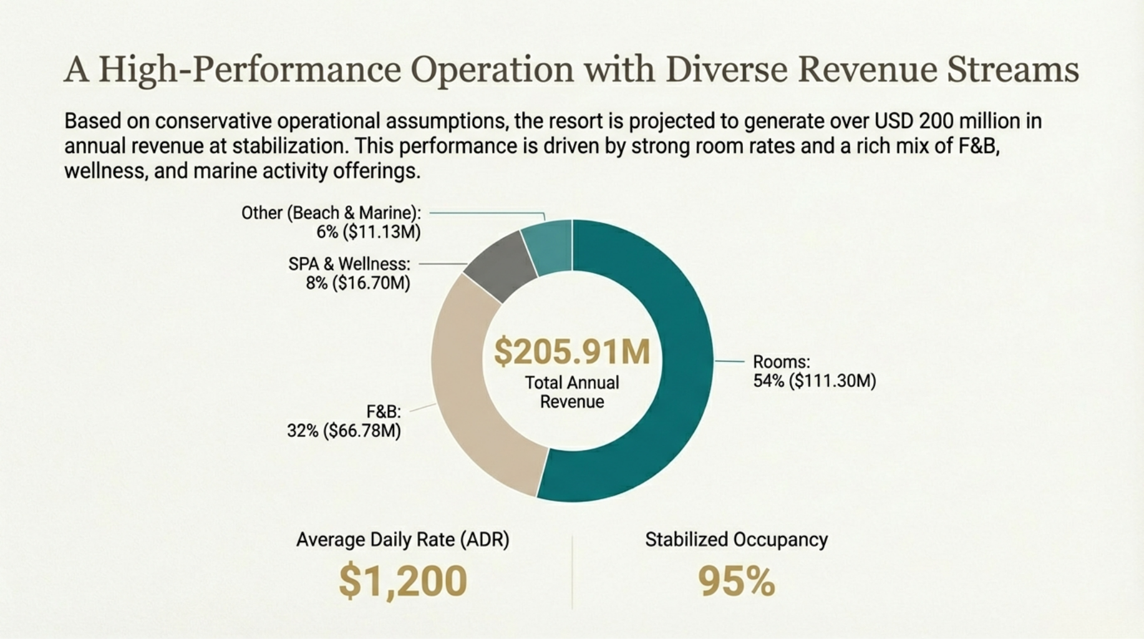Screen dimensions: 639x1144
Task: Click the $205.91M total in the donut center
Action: point(571,351)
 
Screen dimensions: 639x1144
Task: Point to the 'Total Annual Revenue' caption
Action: point(571,392)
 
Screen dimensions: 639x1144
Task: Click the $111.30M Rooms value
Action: point(832,381)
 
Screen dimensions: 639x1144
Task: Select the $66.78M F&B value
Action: point(362,431)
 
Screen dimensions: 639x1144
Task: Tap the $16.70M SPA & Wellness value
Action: point(371,283)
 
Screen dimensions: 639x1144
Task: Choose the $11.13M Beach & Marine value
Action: point(384,232)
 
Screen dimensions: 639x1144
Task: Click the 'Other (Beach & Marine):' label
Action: point(331,213)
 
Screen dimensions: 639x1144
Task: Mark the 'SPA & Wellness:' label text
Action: point(349,264)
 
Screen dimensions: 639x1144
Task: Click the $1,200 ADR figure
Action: point(403,581)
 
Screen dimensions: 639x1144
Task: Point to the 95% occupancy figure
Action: point(736,581)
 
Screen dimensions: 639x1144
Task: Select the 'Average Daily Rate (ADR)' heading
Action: point(402,539)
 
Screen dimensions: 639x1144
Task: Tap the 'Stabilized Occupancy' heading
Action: point(736,539)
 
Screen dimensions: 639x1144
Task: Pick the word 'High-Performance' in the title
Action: point(250,69)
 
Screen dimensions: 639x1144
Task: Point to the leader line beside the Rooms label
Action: point(730,361)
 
